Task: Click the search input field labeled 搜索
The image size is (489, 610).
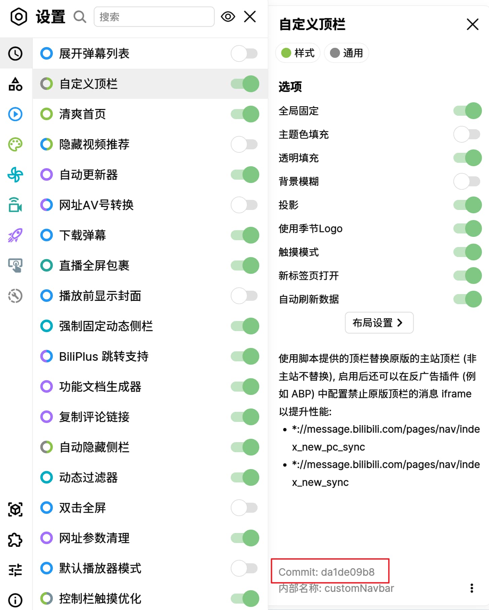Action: point(154,17)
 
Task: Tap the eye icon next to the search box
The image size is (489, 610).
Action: point(228,16)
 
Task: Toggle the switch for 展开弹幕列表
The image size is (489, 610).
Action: point(245,53)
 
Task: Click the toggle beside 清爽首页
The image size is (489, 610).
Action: point(245,114)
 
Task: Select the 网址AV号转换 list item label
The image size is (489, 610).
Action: point(96,205)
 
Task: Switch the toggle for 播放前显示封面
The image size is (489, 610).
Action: point(245,296)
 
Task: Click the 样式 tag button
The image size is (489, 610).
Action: point(298,53)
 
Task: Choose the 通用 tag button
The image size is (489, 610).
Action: point(346,53)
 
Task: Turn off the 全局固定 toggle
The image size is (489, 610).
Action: point(467,111)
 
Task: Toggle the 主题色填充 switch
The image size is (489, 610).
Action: point(467,134)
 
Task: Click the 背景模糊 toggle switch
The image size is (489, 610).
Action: point(467,181)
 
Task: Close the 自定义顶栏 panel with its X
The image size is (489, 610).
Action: point(473,24)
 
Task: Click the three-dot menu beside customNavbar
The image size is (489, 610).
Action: point(472,588)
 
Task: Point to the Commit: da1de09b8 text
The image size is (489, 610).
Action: point(326,572)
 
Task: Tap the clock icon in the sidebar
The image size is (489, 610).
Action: point(15,53)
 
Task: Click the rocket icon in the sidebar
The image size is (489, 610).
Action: point(15,235)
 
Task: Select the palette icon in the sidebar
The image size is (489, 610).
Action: point(15,144)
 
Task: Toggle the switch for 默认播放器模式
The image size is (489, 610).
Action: point(245,568)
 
